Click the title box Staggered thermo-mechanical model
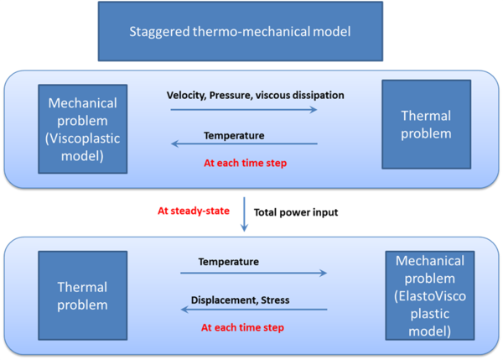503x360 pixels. tap(251, 33)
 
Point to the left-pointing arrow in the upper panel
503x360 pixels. tap(243, 143)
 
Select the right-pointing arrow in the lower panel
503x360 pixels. tap(251, 274)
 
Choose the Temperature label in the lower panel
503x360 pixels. tap(228, 262)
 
